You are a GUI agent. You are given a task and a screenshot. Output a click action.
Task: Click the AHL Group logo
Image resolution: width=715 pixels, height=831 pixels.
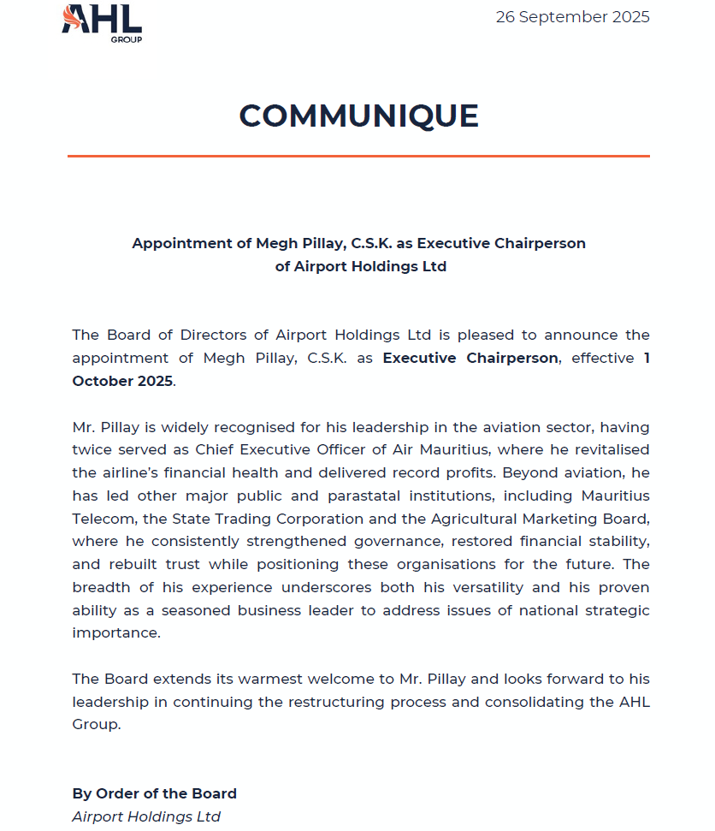[x=102, y=22]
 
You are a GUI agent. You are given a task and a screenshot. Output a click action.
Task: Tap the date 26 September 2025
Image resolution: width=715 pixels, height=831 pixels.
[x=572, y=17]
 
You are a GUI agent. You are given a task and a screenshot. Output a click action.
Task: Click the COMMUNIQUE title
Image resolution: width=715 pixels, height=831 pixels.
[x=358, y=116]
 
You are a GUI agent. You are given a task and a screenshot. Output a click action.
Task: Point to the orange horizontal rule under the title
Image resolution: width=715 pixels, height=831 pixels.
[x=358, y=157]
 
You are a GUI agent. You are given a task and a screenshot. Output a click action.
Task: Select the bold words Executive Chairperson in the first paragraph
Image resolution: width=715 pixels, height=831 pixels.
[x=470, y=358]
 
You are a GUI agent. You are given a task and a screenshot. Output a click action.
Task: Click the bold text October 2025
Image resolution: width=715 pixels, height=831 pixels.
[x=122, y=381]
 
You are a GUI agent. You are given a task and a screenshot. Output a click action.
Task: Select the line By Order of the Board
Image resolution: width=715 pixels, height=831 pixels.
[x=154, y=793]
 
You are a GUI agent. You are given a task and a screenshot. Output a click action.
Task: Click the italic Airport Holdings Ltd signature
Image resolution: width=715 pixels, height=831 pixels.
[x=146, y=816]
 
